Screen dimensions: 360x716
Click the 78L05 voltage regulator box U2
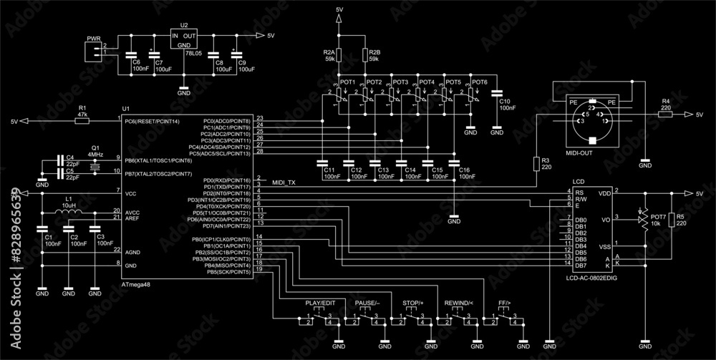point(184,39)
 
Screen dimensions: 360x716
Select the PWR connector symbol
point(92,50)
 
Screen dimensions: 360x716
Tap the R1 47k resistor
point(82,122)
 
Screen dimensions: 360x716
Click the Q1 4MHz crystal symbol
point(95,165)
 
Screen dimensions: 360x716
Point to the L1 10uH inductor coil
point(69,212)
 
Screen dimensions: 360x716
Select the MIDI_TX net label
point(284,183)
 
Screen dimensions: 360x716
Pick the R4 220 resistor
point(665,114)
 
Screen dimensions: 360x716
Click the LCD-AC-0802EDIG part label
point(591,277)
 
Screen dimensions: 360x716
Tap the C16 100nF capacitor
point(454,162)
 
